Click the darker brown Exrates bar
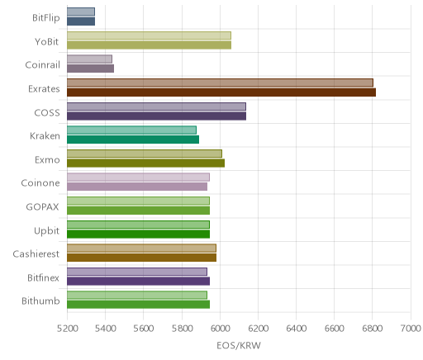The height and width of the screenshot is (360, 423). pyautogui.click(x=221, y=92)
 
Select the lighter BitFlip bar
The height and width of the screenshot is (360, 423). pyautogui.click(x=81, y=12)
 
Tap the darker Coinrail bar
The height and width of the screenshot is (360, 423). pyautogui.click(x=90, y=69)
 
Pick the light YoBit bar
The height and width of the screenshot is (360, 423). pyautogui.click(x=149, y=36)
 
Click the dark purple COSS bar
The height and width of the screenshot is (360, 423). pyautogui.click(x=156, y=116)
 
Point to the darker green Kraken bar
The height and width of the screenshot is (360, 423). pyautogui.click(x=133, y=140)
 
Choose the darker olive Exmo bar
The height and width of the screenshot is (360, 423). pyautogui.click(x=145, y=163)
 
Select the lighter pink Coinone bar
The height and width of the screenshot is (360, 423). pyautogui.click(x=138, y=177)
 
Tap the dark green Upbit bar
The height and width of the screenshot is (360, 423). pyautogui.click(x=138, y=234)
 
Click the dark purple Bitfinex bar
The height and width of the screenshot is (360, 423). pyautogui.click(x=138, y=282)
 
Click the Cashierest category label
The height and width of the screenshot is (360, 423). pyautogui.click(x=36, y=253)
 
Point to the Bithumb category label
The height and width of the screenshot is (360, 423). pyautogui.click(x=40, y=301)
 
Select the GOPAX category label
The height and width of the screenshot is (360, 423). pyautogui.click(x=43, y=206)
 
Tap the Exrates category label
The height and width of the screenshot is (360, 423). pyautogui.click(x=44, y=89)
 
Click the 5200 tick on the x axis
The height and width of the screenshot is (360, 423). pyautogui.click(x=68, y=328)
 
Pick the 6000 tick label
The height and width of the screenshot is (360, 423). pyautogui.click(x=220, y=328)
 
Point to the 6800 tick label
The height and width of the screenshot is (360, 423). pyautogui.click(x=372, y=328)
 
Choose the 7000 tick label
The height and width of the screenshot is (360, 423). pyautogui.click(x=411, y=328)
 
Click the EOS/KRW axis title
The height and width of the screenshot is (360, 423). pyautogui.click(x=239, y=345)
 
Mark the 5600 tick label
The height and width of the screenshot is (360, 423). pyautogui.click(x=144, y=328)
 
